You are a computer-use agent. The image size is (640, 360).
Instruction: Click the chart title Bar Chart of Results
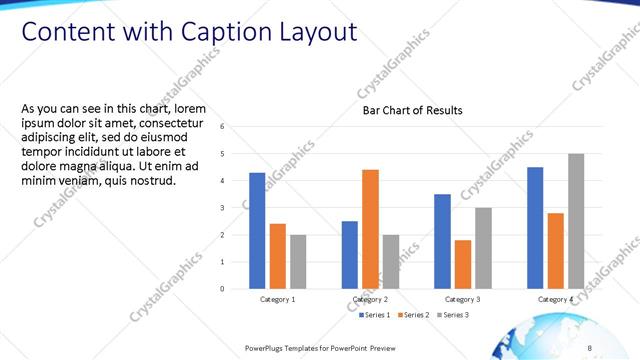(412, 110)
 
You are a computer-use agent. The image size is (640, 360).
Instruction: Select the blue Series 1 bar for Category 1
(257, 231)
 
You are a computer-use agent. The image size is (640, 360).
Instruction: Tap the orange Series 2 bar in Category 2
(370, 229)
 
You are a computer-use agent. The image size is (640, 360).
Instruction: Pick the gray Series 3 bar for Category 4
(576, 221)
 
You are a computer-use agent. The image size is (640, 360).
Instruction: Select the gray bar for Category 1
(298, 262)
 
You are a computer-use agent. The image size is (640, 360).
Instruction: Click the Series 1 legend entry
(376, 315)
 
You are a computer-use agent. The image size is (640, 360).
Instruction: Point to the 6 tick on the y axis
(236, 127)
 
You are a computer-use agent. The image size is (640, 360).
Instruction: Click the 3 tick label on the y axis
(236, 208)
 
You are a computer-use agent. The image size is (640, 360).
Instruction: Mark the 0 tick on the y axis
(236, 289)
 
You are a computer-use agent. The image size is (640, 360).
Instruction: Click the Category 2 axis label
(370, 299)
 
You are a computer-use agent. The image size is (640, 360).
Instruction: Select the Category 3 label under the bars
(463, 299)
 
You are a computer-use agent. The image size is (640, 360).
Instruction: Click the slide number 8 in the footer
(590, 347)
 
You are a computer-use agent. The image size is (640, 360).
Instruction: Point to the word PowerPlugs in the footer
(268, 347)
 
